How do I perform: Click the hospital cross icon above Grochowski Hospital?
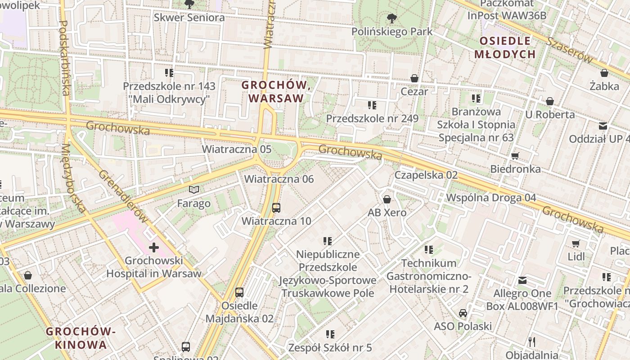[x=154, y=247]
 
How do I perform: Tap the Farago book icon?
[x=194, y=190]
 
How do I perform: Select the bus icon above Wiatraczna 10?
[x=276, y=208]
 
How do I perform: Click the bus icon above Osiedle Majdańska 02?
[x=239, y=292]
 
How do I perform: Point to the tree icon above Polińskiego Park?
[x=392, y=18]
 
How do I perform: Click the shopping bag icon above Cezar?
[x=414, y=78]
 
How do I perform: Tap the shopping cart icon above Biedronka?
[x=515, y=156]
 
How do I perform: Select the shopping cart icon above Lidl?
[x=576, y=244]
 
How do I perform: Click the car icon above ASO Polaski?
[x=463, y=313]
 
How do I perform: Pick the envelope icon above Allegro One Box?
[x=522, y=280]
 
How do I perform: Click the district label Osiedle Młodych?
[x=505, y=48]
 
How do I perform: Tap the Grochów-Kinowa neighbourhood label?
[x=81, y=338]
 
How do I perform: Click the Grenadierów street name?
[x=123, y=196]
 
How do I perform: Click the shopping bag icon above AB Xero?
[x=387, y=199]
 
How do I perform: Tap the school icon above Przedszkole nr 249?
[x=372, y=105]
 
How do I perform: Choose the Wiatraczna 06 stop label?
[x=279, y=179]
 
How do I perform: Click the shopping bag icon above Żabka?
[x=604, y=73]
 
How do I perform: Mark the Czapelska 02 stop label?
[x=426, y=175]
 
